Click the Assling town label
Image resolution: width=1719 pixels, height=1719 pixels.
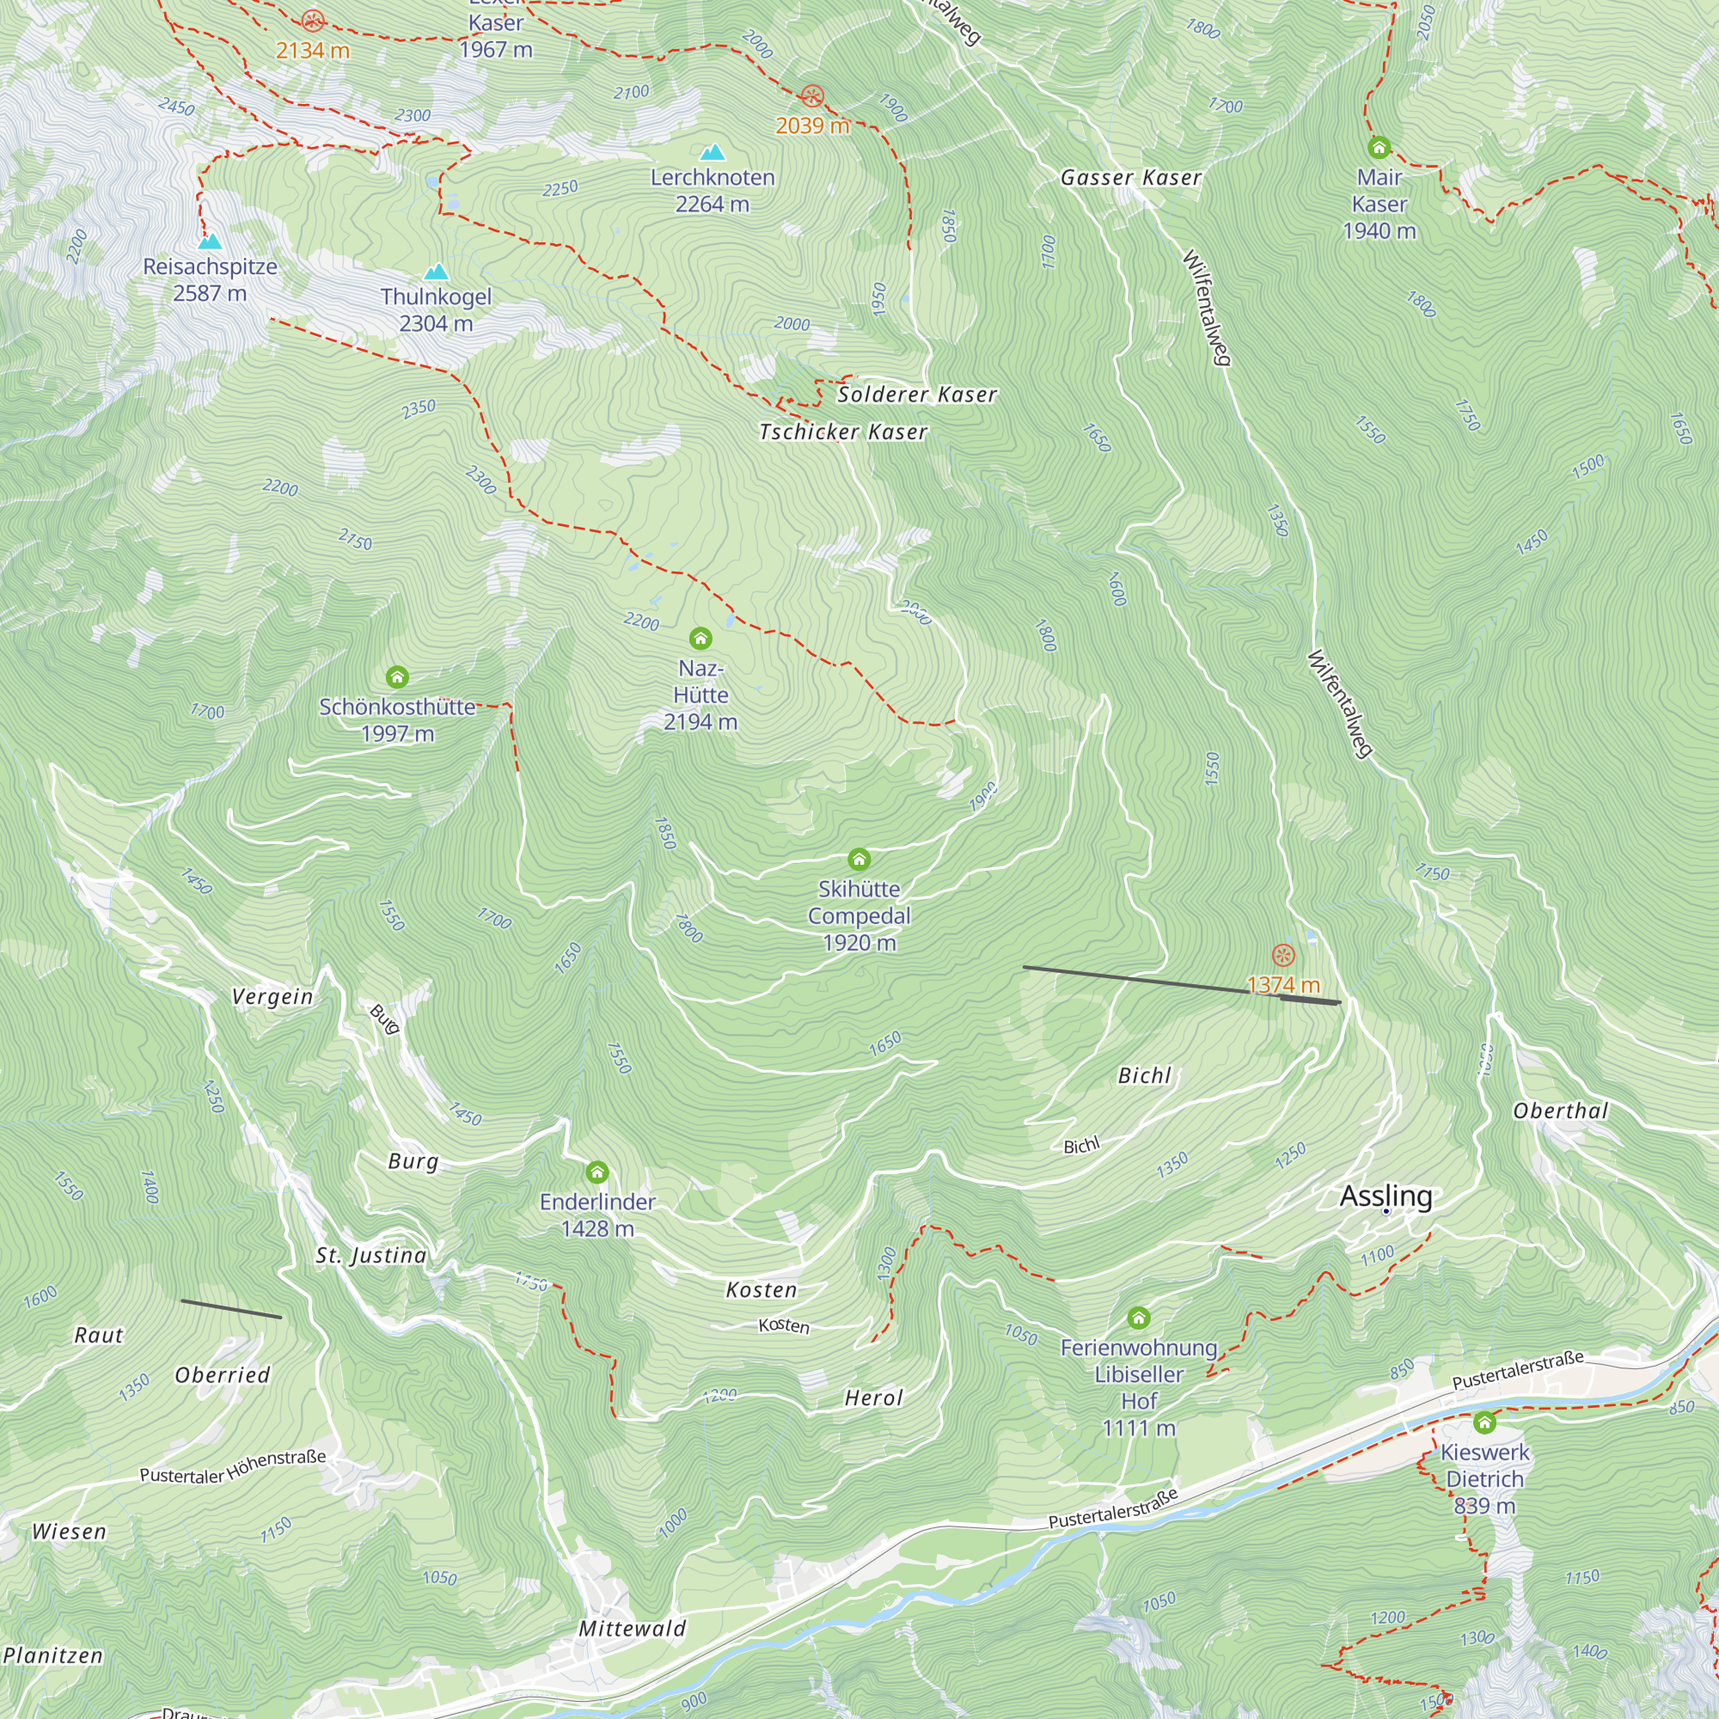click(x=1386, y=1196)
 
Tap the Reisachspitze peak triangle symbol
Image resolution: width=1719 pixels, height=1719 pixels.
click(x=210, y=242)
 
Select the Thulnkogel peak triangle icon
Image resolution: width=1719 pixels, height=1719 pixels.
click(x=436, y=272)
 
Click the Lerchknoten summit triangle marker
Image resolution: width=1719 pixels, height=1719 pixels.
click(x=712, y=152)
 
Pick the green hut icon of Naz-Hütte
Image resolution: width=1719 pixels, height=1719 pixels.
click(x=700, y=638)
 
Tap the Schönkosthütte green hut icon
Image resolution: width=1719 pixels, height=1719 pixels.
click(x=397, y=677)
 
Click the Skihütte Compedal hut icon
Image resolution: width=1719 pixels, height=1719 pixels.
click(x=859, y=859)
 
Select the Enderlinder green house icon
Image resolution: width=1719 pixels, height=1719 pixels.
click(x=597, y=1171)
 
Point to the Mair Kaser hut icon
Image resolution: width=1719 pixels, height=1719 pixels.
click(x=1379, y=147)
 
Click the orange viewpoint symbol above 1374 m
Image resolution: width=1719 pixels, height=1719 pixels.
click(x=1283, y=956)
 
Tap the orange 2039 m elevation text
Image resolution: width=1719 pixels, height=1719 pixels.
click(x=812, y=125)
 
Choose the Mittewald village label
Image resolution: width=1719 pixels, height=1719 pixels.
click(x=633, y=1628)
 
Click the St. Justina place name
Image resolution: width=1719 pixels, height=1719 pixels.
click(x=371, y=1255)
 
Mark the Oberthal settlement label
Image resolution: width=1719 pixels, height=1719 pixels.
click(x=1561, y=1110)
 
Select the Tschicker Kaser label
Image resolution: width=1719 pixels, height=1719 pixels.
click(x=842, y=431)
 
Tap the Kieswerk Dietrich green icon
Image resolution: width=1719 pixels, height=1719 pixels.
click(x=1484, y=1422)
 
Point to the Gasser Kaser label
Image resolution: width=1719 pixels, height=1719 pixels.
click(x=1131, y=178)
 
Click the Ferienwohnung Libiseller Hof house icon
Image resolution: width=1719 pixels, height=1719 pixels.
click(x=1139, y=1318)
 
